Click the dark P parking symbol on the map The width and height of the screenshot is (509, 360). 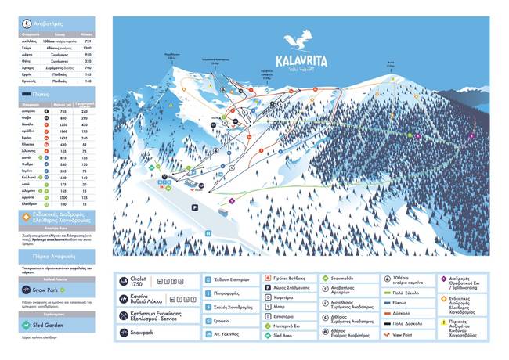193,207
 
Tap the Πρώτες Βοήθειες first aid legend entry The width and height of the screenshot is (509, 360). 290,278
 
